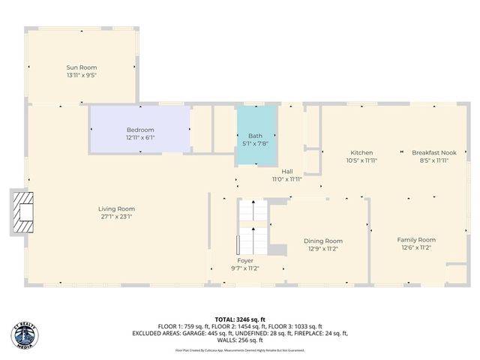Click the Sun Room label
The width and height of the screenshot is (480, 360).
pos(82,67)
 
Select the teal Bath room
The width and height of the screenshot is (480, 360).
pos(256,129)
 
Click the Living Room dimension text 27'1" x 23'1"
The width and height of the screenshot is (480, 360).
pos(116,217)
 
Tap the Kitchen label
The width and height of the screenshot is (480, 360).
pos(361,152)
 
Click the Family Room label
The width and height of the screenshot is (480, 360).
pos(416,240)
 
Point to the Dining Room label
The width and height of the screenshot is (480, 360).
pos(323,241)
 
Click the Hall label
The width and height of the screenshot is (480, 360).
pos(287,171)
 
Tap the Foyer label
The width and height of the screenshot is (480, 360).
pos(245,260)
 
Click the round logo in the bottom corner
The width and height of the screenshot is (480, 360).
pos(24,334)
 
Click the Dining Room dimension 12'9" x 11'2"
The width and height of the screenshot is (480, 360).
pos(323,249)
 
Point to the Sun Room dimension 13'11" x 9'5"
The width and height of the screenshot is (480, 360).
pos(82,75)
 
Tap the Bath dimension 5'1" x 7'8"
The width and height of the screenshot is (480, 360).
pos(256,143)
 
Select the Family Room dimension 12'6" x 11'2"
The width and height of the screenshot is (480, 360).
pos(416,247)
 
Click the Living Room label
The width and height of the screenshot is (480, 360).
pos(116,208)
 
